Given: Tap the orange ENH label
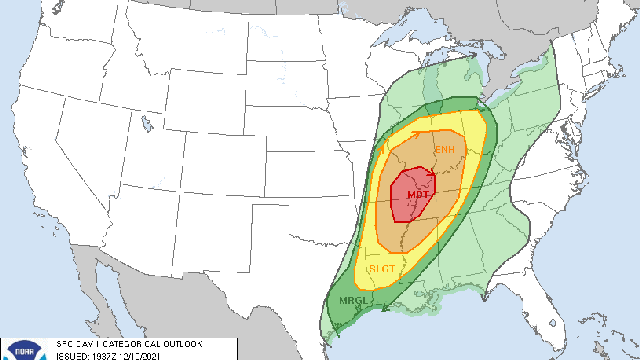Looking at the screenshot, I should [x=445, y=150].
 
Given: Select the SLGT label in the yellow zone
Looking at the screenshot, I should [x=381, y=269].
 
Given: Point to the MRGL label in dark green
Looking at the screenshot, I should [x=350, y=301].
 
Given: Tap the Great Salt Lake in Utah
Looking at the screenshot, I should [x=144, y=127].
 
